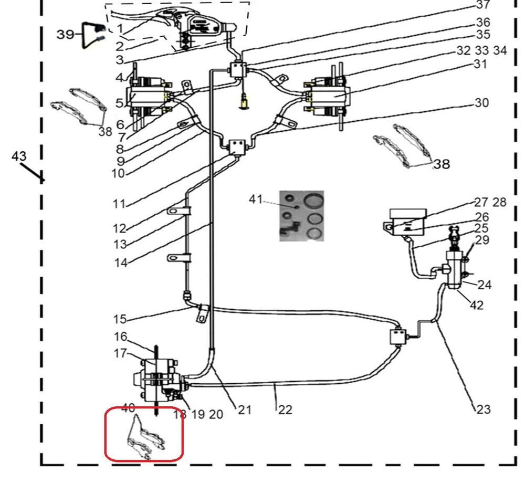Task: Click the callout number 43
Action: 19,156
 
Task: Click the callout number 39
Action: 66,34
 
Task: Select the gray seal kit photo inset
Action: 301,216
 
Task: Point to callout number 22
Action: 285,409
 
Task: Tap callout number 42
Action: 477,305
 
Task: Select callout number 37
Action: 482,5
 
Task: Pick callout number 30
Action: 481,102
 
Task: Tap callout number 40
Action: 129,407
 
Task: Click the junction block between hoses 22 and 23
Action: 398,335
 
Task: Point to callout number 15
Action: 120,319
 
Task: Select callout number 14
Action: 121,262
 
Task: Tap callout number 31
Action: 480,64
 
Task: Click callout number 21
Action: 245,409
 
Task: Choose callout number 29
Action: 482,240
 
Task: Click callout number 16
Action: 120,337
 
